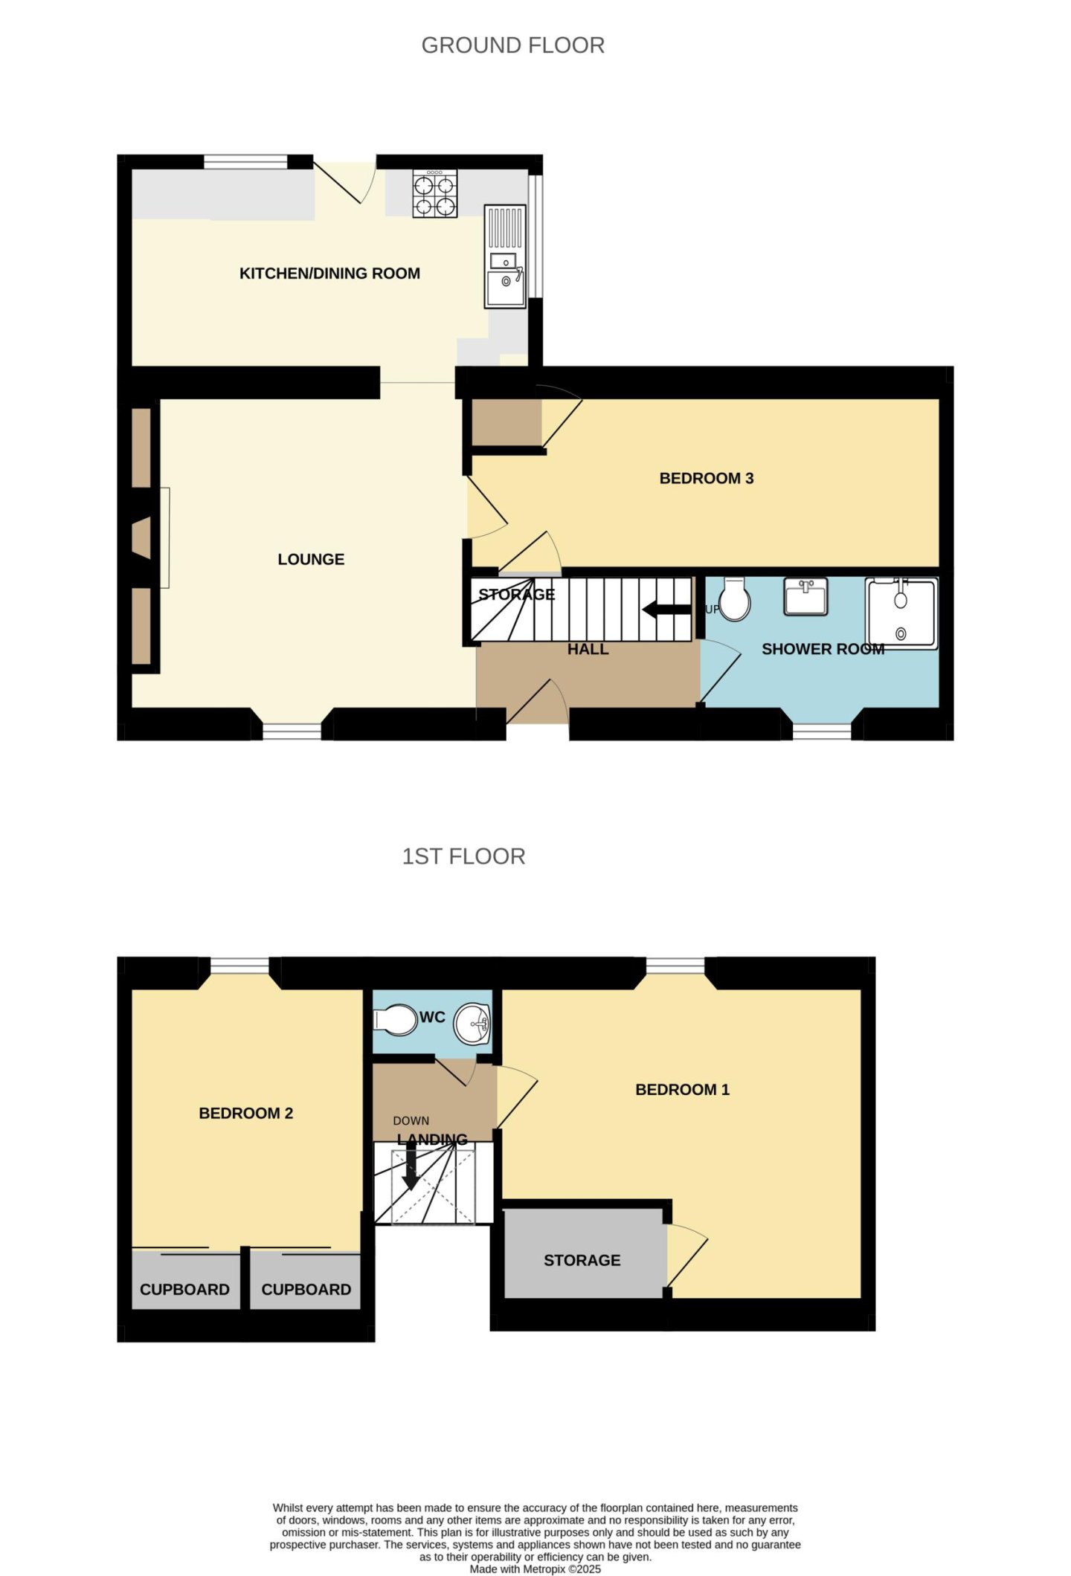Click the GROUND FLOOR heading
[512, 45]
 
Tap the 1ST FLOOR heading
[463, 856]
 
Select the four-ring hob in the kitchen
[435, 194]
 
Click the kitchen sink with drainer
[506, 257]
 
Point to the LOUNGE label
[311, 559]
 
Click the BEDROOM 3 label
[707, 478]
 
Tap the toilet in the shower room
[735, 599]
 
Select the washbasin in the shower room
[805, 597]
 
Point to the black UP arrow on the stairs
[666, 610]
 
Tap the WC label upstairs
[432, 1017]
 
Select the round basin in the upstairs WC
[472, 1024]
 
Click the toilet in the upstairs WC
[396, 1020]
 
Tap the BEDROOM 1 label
[682, 1090]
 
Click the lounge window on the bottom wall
[292, 732]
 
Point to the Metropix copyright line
[535, 1569]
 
